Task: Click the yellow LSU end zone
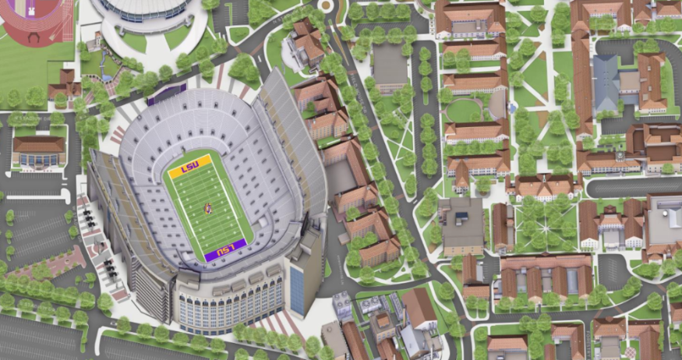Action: click(186, 167)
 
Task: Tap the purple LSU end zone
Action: click(225, 249)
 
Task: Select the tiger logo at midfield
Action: click(207, 208)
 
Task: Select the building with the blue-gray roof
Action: click(607, 84)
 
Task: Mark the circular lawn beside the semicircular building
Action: click(465, 110)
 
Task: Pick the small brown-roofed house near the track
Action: click(64, 82)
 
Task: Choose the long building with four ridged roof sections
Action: click(546, 274)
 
